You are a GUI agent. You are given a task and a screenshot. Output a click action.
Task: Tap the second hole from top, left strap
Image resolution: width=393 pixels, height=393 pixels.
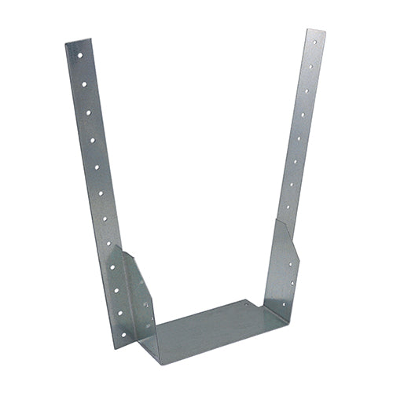point(83,83)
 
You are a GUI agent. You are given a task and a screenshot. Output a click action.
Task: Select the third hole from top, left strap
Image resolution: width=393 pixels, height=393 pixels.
point(86,112)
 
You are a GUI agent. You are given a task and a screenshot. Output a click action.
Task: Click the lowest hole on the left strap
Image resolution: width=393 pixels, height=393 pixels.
point(121,312)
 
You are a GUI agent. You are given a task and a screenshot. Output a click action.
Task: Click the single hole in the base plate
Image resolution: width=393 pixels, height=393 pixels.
point(245,303)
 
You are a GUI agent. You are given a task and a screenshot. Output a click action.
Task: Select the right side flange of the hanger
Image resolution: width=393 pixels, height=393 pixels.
point(281,267)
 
